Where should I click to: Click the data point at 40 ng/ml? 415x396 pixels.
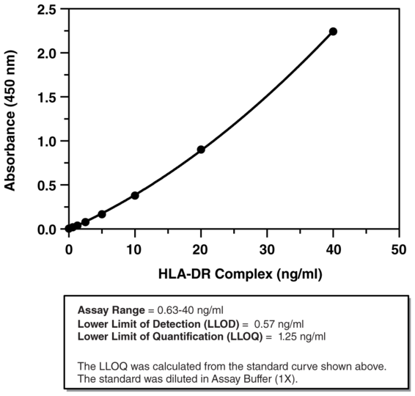tap(333, 32)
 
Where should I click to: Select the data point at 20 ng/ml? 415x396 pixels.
tap(201, 150)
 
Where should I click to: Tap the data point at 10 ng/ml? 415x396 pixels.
tap(135, 195)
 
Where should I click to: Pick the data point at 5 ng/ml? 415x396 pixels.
tap(102, 214)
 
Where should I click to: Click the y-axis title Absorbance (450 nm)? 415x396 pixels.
tap(12, 119)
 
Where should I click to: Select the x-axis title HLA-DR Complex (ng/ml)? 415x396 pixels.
tap(240, 275)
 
